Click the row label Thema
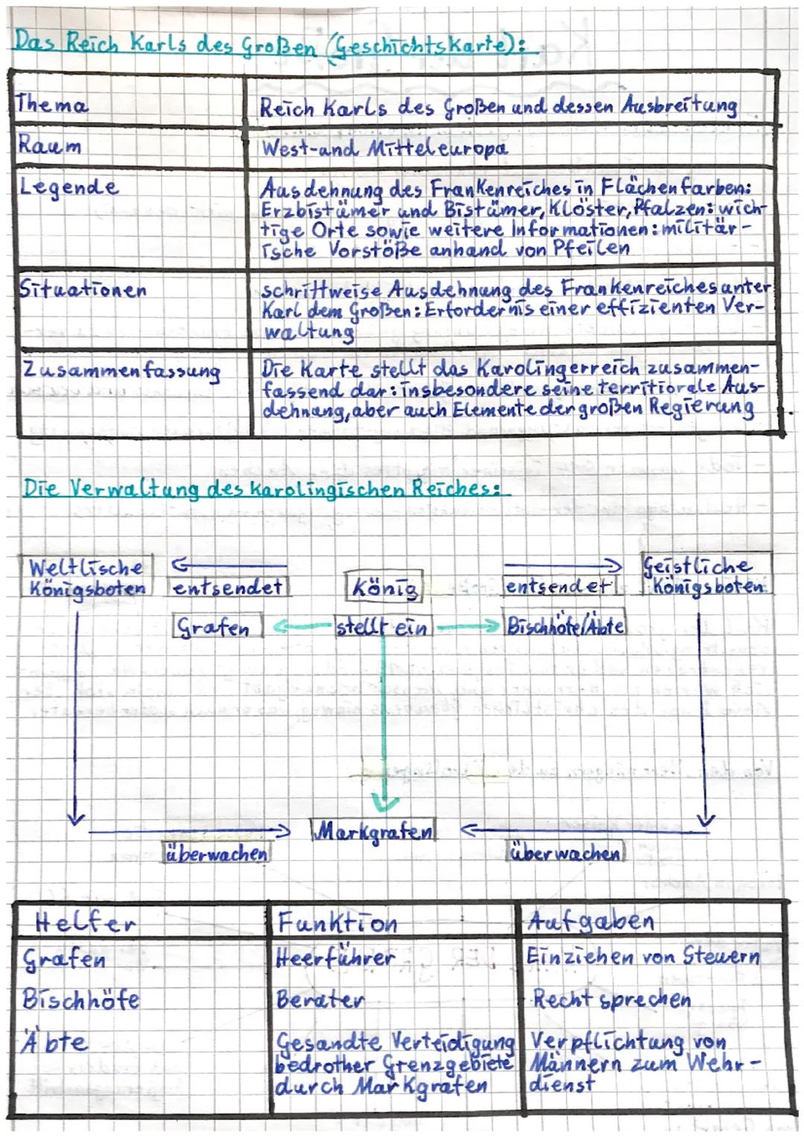51,104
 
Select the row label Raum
49,144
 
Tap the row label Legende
68,186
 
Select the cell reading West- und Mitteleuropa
384,147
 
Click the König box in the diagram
383,588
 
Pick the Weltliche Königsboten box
87,576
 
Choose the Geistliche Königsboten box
706,575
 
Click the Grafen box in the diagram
217,626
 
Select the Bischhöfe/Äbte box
564,625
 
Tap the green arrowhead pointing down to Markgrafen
384,803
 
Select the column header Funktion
337,923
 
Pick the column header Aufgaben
590,921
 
